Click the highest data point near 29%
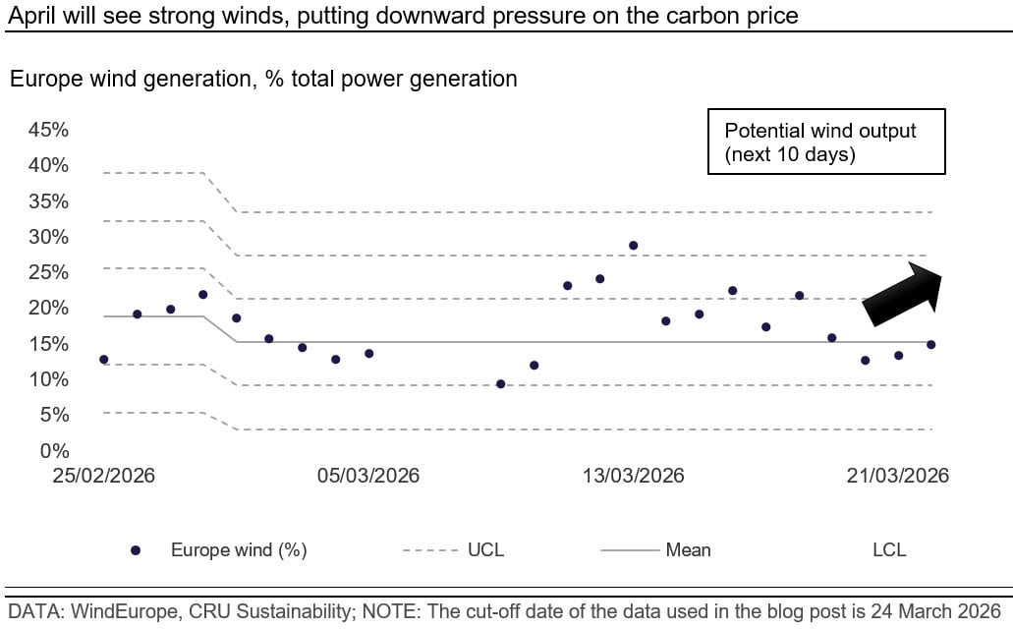tap(634, 246)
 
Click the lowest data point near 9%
tap(500, 384)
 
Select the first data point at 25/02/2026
tap(103, 360)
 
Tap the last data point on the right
tap(930, 345)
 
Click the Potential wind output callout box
tap(826, 142)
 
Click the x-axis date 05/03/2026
tap(368, 476)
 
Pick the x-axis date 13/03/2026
tap(634, 476)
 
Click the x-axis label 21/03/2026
tap(899, 476)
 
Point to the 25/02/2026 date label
tap(103, 476)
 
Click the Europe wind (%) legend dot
tap(136, 550)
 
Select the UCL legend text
tap(484, 550)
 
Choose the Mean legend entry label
tap(688, 550)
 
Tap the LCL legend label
tap(888, 550)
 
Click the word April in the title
tap(30, 15)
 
